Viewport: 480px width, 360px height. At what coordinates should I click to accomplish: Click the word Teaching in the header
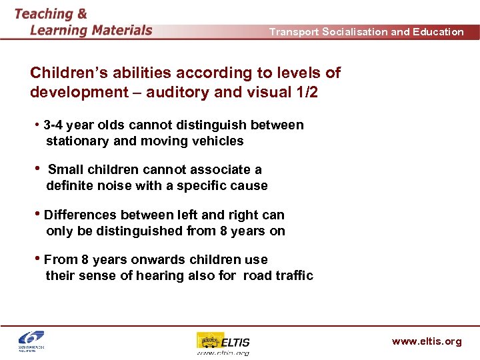pyautogui.click(x=44, y=13)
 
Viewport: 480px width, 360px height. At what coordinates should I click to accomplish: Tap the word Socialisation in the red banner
pyautogui.click(x=353, y=31)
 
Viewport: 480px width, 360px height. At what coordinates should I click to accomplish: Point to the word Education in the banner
pyautogui.click(x=439, y=31)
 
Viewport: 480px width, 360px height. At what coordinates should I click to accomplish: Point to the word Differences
pyautogui.click(x=80, y=215)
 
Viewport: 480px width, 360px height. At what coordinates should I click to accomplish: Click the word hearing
pyautogui.click(x=155, y=276)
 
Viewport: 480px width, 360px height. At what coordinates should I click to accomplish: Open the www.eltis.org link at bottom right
pyautogui.click(x=426, y=341)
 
